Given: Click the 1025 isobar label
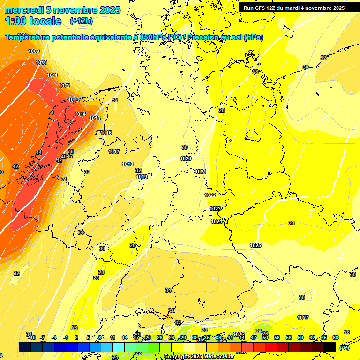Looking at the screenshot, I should click(255, 245).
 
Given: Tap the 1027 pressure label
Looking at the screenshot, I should click(303, 318).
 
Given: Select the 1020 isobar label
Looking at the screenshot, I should click(186, 158).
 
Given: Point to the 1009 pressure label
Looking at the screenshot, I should click(34, 51).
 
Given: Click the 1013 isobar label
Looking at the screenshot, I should click(74, 100).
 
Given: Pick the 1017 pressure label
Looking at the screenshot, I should click(114, 151).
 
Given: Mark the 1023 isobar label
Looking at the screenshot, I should click(215, 209).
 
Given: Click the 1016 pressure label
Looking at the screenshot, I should click(106, 133).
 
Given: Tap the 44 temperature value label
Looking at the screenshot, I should click(39, 152).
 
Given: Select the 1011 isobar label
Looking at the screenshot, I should click(52, 75).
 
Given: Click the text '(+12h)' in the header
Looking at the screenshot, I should click(81, 21).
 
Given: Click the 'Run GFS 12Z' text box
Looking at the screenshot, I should click(294, 8).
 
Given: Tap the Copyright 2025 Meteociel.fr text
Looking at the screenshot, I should click(199, 356).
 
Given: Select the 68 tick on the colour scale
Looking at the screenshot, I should click(336, 337).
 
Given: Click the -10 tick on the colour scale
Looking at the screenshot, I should click(32, 337).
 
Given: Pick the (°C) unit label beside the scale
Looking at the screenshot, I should click(344, 348).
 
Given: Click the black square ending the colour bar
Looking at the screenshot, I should click(330, 347).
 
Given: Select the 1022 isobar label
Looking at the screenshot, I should click(210, 195).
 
